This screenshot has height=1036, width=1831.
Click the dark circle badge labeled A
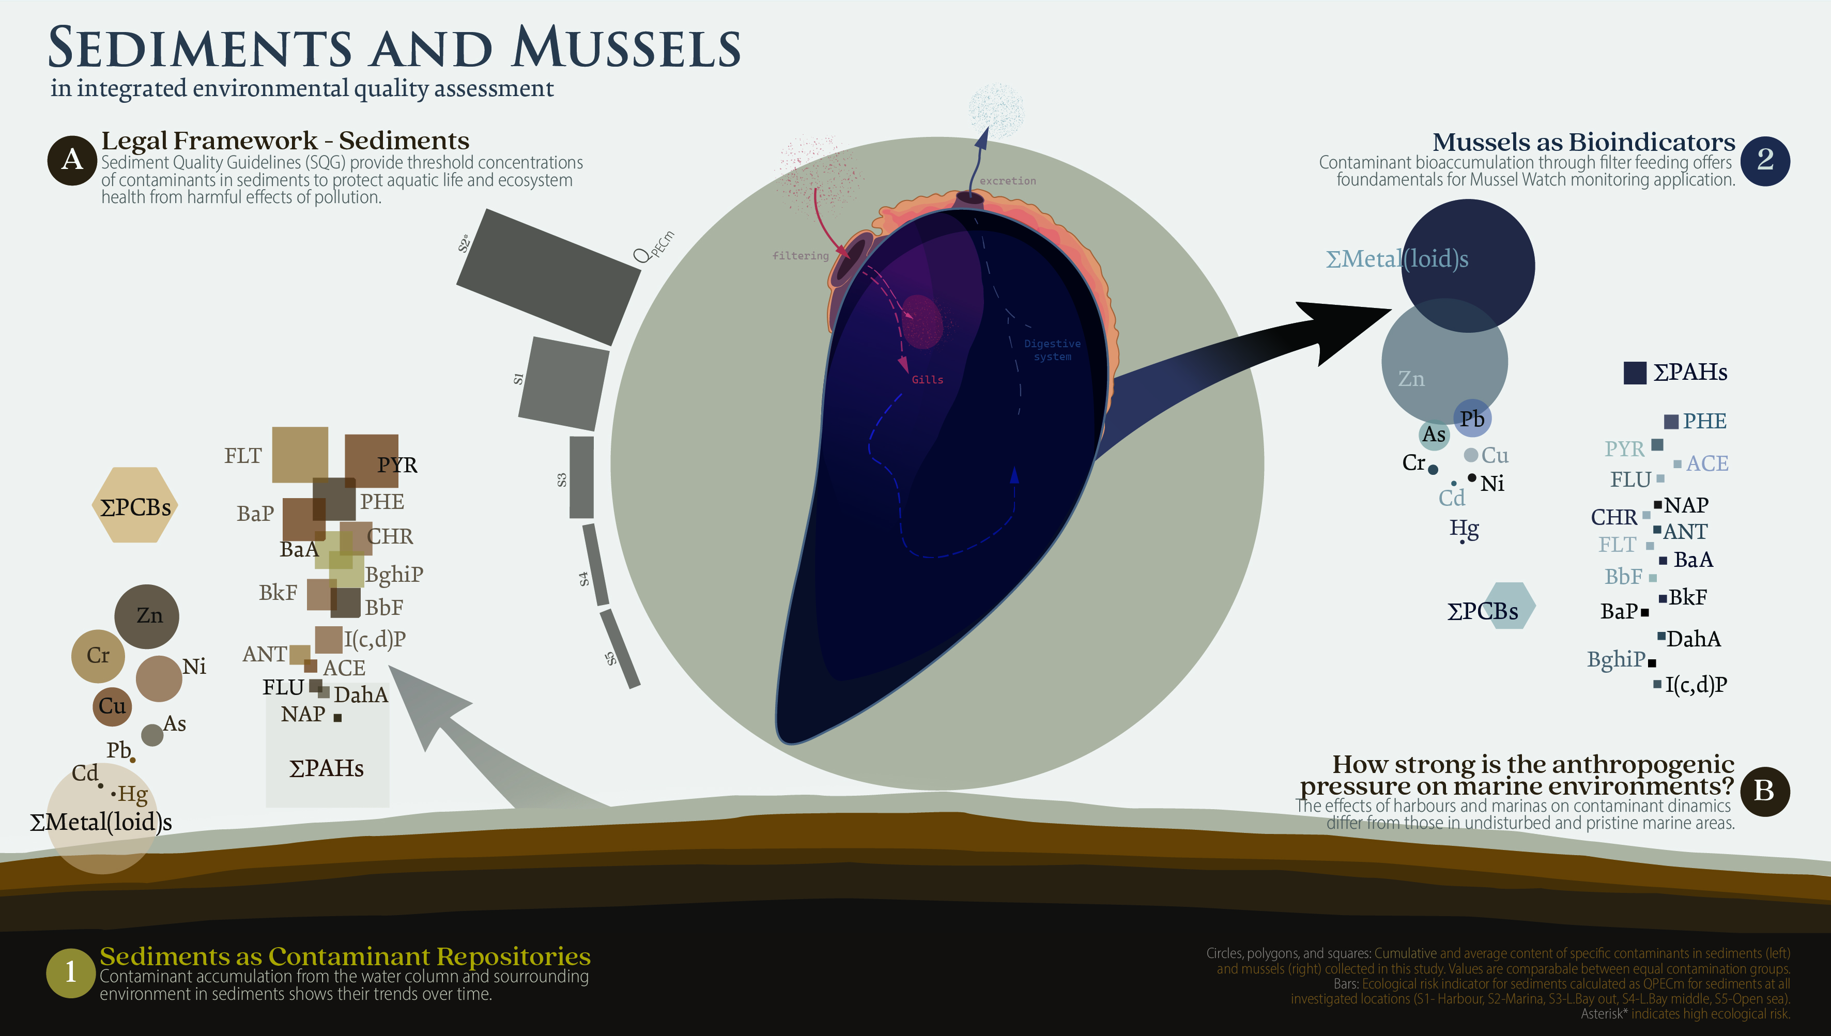[x=72, y=160]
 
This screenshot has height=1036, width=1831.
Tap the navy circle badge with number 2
[x=1765, y=161]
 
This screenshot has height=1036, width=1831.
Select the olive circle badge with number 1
[x=70, y=972]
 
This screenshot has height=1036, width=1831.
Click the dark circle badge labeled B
[x=1765, y=791]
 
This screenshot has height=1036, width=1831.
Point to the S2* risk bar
[x=548, y=277]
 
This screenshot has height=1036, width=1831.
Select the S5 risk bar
[x=620, y=649]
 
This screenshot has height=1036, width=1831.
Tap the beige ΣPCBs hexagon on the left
[x=134, y=505]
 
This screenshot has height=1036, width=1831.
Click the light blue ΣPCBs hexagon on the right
[x=1507, y=606]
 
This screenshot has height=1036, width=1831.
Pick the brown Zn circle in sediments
[x=147, y=616]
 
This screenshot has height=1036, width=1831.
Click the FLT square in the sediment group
[x=300, y=455]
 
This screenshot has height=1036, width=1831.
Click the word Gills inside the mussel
[x=927, y=380]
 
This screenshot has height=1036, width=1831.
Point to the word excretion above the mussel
[x=1007, y=181]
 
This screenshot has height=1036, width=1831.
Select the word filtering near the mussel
[x=800, y=255]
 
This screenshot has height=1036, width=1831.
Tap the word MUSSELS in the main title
[x=626, y=49]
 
